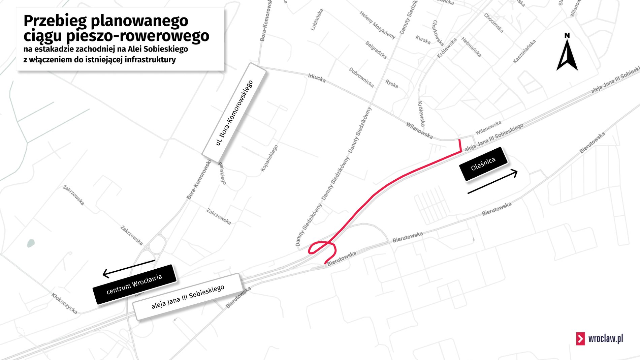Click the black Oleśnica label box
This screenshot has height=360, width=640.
tap(483, 164)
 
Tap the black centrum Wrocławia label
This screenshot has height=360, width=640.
tap(134, 284)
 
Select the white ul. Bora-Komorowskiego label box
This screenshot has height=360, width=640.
tap(234, 113)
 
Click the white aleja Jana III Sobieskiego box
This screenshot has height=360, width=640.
tap(188, 297)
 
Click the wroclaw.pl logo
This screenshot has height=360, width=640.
tap(600, 338)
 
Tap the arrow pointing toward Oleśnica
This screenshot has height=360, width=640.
tap(492, 182)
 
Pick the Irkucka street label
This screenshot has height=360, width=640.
tap(317, 78)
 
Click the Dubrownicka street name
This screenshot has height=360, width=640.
tap(361, 77)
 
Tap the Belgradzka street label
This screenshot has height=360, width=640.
tap(376, 50)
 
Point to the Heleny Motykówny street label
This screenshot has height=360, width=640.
tap(377, 25)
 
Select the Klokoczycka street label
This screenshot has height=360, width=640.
tap(64, 303)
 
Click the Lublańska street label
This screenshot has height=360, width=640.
tap(317, 20)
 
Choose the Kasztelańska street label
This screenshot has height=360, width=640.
tap(524, 51)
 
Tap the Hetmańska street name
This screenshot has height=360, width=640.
tap(471, 47)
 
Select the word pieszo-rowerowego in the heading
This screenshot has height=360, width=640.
tap(137, 36)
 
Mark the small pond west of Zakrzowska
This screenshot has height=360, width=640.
tap(31, 243)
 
